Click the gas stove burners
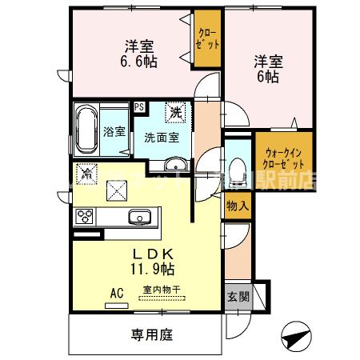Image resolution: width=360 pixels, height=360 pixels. pyautogui.click(x=86, y=216)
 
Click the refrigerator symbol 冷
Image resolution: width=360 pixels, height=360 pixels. pyautogui.click(x=85, y=170)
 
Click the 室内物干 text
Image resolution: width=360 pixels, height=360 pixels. pyautogui.click(x=161, y=290)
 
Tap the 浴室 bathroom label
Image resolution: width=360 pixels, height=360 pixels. pyautogui.click(x=114, y=131)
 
